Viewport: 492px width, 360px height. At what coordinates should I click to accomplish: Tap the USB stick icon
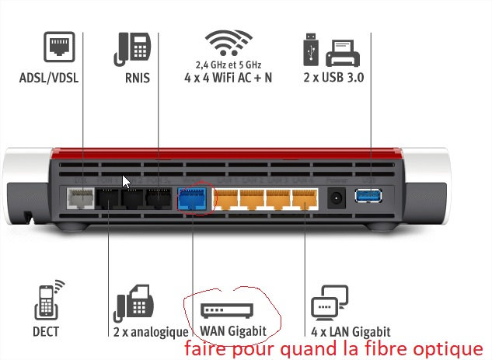(x=308, y=48)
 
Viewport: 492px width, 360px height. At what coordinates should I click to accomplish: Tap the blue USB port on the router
(x=366, y=197)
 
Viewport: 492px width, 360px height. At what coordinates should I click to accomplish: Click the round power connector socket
(x=337, y=199)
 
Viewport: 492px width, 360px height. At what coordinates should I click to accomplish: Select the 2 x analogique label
(x=151, y=332)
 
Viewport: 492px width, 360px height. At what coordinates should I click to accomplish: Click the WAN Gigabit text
(x=233, y=331)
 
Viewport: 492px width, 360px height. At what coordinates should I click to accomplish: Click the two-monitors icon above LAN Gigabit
(x=327, y=304)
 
